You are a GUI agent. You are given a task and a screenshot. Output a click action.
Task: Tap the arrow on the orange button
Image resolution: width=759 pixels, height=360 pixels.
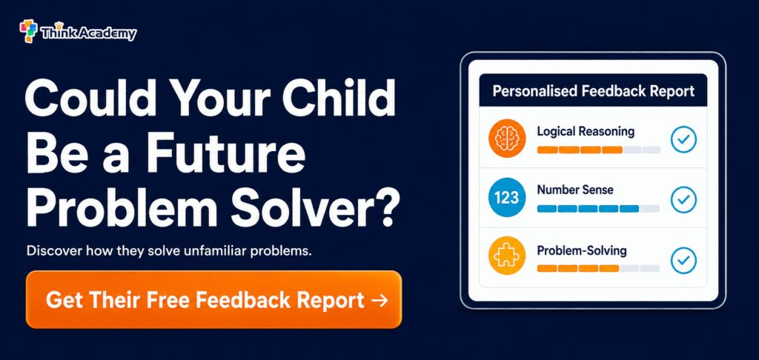click(379, 301)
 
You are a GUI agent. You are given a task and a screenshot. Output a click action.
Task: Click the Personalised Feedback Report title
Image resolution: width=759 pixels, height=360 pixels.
click(594, 90)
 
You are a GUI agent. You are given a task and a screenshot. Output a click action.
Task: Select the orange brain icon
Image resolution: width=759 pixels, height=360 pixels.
click(507, 139)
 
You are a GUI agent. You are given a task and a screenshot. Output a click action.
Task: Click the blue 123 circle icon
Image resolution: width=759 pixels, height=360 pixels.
click(507, 198)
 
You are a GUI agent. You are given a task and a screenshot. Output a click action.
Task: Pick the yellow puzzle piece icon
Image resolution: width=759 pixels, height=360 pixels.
click(507, 256)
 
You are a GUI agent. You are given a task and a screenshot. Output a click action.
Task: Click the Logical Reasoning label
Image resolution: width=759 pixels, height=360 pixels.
click(586, 131)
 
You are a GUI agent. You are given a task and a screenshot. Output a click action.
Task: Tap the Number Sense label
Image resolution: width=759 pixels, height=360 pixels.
click(575, 190)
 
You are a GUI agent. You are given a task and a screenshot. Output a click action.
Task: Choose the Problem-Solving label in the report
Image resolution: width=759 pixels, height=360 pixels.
click(582, 251)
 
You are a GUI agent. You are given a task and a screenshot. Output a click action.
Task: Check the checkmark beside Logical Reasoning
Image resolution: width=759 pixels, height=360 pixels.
click(683, 140)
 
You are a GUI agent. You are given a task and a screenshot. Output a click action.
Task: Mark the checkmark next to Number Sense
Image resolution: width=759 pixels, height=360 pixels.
click(683, 199)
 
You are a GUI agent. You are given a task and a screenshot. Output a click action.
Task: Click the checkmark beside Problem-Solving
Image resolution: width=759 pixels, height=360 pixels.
click(683, 261)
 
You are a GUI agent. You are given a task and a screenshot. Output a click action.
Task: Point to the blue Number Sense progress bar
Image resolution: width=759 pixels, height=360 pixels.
click(588, 209)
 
